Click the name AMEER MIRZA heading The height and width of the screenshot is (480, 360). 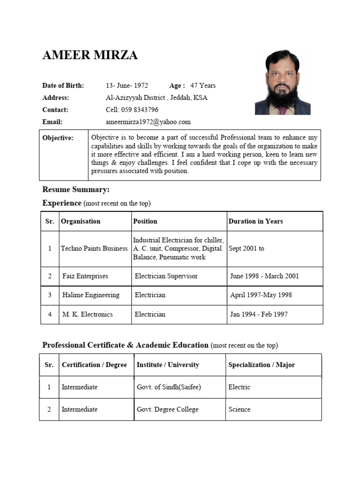[90, 55]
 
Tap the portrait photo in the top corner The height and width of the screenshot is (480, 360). [283, 82]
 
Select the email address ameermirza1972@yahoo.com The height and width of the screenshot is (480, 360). [148, 122]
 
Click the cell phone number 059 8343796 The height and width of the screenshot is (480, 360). [132, 110]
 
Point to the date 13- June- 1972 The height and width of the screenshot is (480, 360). [127, 85]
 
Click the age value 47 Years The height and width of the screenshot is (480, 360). [203, 85]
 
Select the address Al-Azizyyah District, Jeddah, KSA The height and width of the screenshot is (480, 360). [157, 97]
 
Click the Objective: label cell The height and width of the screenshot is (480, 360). [58, 138]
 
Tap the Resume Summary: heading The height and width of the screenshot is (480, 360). [76, 189]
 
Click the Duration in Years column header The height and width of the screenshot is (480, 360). [255, 221]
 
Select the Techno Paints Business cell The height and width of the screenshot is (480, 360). [94, 248]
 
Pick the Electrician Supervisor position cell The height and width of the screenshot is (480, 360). [166, 276]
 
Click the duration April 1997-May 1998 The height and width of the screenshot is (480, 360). [261, 295]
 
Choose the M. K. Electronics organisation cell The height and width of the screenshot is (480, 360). [88, 315]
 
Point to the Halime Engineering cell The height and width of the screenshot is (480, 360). [91, 295]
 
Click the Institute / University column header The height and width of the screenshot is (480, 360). [168, 365]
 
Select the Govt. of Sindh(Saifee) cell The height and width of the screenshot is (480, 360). [169, 387]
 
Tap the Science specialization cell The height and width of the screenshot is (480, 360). [239, 409]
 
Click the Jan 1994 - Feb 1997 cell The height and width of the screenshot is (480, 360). [259, 315]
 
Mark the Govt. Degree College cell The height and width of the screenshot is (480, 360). [167, 409]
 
